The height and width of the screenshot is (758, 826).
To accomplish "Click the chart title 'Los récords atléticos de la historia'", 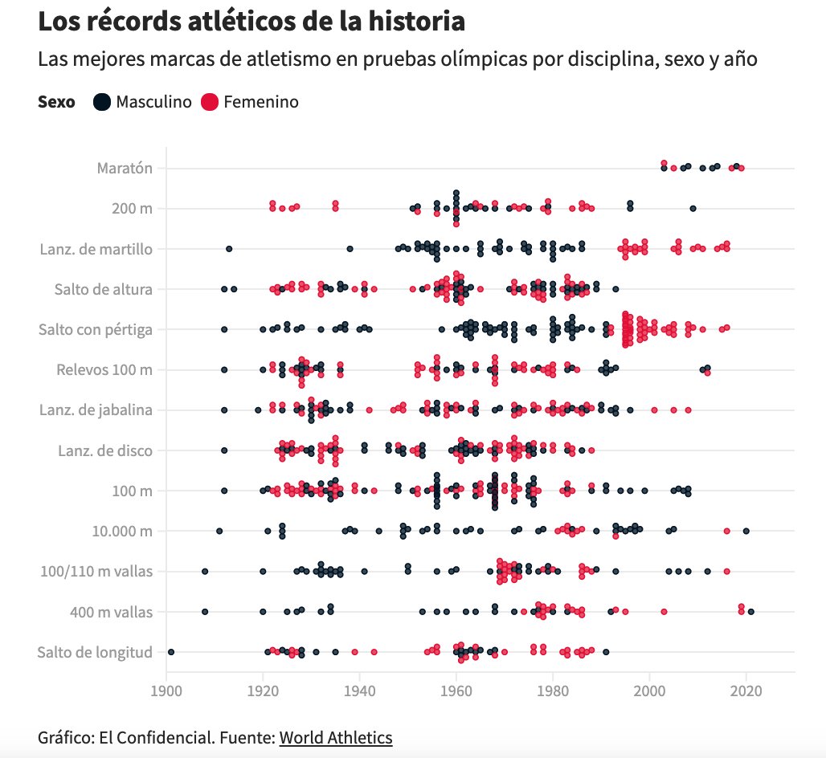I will point(251,22).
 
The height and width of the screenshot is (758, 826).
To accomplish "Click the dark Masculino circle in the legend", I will point(102,102).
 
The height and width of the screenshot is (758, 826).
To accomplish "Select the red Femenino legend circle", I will point(210,102).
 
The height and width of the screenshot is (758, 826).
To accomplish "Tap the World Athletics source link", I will point(336,737).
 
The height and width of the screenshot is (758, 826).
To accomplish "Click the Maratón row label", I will point(125,169).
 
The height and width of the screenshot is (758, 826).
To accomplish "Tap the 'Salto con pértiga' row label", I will point(96,329).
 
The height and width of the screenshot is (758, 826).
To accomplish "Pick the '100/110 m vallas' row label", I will point(96,572).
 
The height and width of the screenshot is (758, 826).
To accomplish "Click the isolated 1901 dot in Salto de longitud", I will point(171,652).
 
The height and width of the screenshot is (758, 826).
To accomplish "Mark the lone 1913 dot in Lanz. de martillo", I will point(229,249).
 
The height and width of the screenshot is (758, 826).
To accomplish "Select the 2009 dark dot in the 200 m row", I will point(693,209).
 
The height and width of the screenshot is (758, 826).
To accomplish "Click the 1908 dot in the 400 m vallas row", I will point(205,612).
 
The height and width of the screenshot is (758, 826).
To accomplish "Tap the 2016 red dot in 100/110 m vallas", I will point(726,572).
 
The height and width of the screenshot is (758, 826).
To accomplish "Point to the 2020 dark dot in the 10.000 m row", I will point(746,531).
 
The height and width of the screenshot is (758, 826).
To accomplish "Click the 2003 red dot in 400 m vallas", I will point(664,612).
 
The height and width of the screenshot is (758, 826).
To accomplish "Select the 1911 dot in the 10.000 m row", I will point(219,531).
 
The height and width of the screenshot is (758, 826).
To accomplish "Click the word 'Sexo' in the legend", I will point(56,102).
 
